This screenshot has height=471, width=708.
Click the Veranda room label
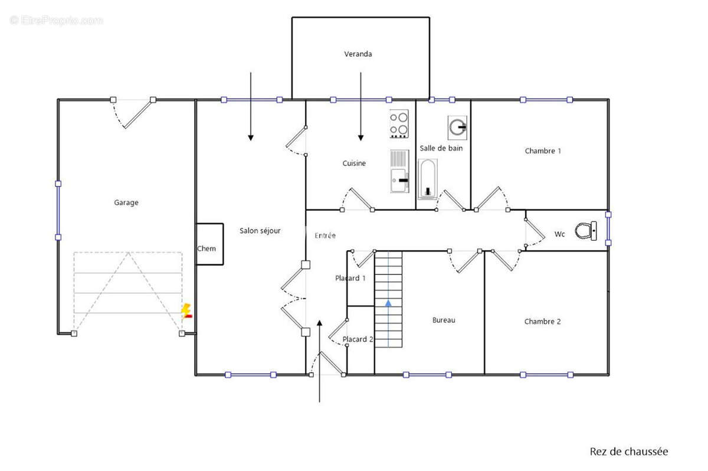pos(358,54)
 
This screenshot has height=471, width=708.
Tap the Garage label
pos(126,202)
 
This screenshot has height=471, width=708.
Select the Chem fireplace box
pos(210,244)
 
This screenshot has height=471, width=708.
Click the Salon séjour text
pos(260,231)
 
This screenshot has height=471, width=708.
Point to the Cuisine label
pos(354,163)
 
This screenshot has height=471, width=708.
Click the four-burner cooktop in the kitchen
pos(399,123)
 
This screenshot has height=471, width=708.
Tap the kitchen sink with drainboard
pos(399,171)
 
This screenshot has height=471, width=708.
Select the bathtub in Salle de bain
pos(428,179)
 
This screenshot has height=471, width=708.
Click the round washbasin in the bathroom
pos(457,127)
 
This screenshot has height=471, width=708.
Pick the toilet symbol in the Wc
pos(586,231)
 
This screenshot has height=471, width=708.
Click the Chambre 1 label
pos(543,151)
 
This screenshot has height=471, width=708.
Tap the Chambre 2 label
pos(542,322)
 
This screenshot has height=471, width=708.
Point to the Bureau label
pos(444,320)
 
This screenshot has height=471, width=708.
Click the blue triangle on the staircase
pos(388,303)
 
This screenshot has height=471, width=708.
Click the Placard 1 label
pos(350,278)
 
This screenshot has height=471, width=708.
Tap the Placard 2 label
pos(358,339)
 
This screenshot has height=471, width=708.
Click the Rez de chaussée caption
pos(629,452)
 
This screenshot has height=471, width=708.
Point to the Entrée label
pos(325,235)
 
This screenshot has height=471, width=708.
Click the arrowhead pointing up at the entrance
pos(320,323)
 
